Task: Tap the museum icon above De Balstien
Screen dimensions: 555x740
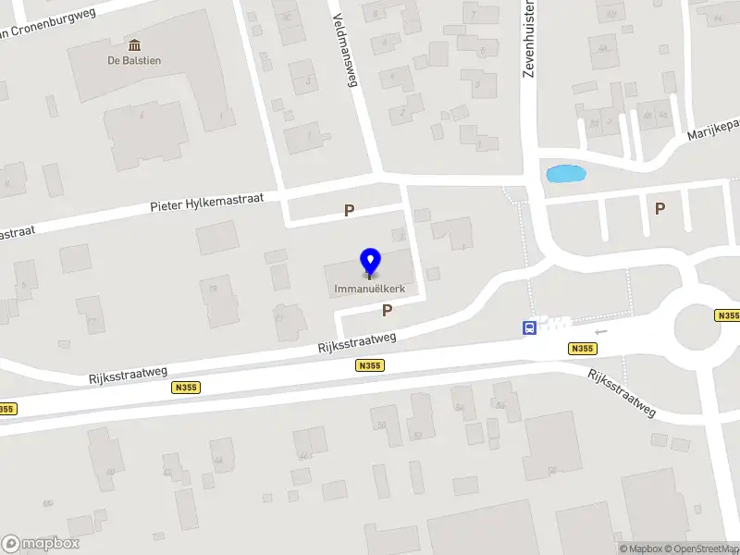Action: coord(135,45)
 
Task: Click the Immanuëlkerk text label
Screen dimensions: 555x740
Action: coord(370,289)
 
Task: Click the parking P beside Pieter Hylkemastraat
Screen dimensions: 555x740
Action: coord(349,211)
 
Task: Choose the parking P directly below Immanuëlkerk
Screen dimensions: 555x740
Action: coord(388,311)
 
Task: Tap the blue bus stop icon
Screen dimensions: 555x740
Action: coord(529,327)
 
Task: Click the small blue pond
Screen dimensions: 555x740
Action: coord(565,173)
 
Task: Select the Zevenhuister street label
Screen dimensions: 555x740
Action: coord(529,42)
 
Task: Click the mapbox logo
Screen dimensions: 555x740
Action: coord(41,543)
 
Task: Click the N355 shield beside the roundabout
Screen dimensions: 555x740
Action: coord(728,315)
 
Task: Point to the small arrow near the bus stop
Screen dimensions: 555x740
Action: coord(601,331)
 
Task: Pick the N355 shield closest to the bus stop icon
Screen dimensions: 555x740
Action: coord(582,349)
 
